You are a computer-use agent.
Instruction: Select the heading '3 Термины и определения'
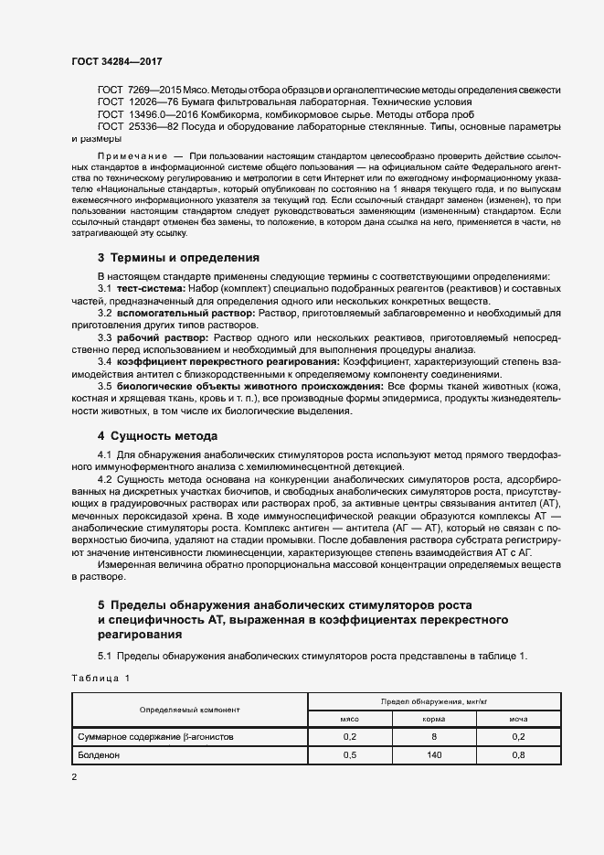coord(178,257)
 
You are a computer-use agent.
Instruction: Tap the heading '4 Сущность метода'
coord(157,434)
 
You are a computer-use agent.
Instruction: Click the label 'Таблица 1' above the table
coord(101,678)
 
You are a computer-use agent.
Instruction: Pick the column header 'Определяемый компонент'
coord(189,710)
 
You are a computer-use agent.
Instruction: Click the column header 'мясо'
coord(349,720)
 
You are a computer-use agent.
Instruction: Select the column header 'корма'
coord(433,720)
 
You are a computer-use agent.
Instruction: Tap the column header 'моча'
coord(518,720)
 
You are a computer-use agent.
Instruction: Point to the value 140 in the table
coord(433,755)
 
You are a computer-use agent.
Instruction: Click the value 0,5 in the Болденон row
coord(349,755)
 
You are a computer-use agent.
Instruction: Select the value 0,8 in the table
coord(518,755)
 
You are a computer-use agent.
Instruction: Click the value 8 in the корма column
coord(433,737)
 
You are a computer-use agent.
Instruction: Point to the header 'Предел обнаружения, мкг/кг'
coord(433,701)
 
